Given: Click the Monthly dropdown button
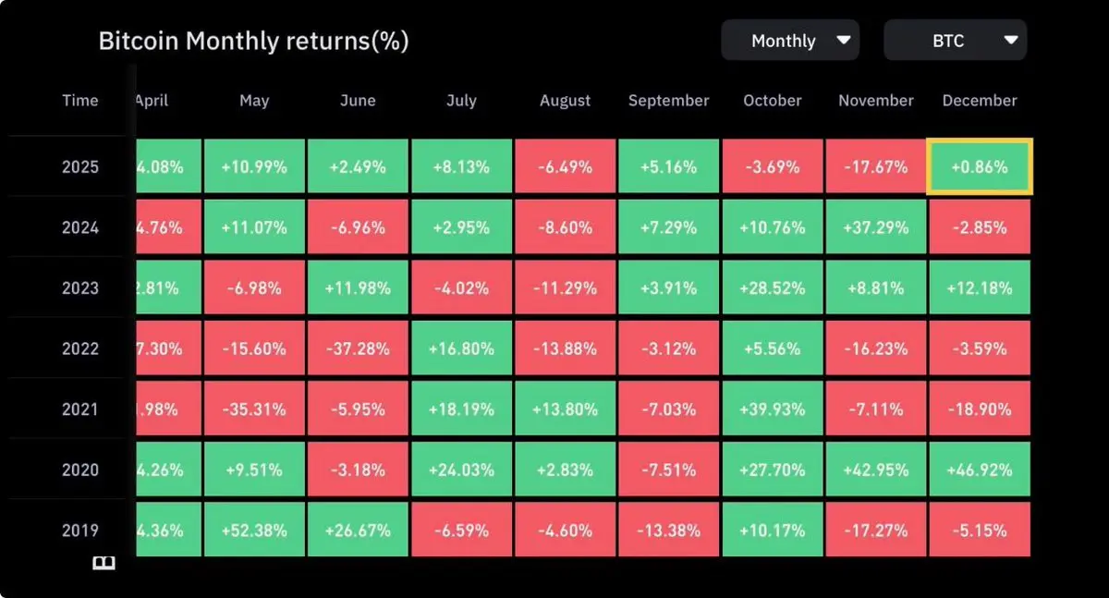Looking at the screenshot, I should pos(789,41).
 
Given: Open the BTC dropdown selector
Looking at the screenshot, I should pos(955,41).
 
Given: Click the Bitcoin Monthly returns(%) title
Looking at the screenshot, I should pos(253,41).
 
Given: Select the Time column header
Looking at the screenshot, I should pos(79,101).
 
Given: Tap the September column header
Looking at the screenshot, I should pos(668,101).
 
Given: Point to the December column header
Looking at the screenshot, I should pos(979,101).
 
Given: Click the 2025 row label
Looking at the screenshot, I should pos(79,167).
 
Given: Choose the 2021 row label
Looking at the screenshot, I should pos(79,409).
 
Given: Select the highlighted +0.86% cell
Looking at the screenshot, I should pos(979,167).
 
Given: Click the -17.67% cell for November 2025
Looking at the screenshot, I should pos(875,167).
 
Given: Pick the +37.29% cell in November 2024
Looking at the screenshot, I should pos(875,227).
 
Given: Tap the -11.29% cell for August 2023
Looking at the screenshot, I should pos(565,288).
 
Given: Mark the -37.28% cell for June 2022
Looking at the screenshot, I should pos(358,348).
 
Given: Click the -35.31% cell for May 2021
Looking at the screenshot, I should pos(254,409).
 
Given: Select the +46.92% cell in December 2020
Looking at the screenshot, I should pos(979,470).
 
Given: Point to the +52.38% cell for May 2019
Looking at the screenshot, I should pos(254,531).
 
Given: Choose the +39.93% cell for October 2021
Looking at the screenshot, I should pos(772,409).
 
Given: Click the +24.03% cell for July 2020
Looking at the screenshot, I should pos(461,470).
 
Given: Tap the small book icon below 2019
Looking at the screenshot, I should pos(104,563).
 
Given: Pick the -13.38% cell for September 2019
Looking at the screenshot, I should pos(668,531).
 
